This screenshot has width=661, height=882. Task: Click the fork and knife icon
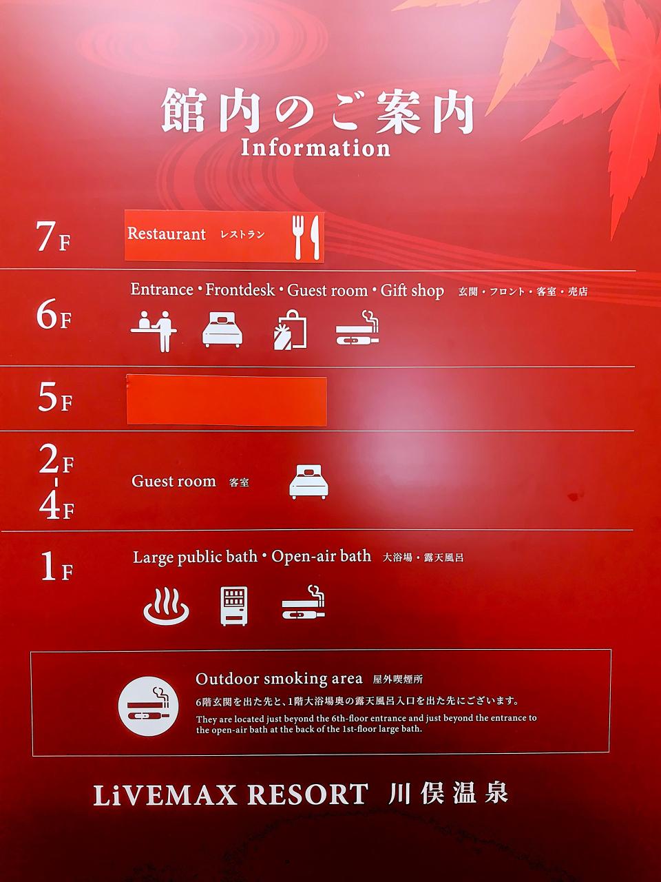click(306, 237)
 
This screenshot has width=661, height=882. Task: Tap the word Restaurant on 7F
click(167, 234)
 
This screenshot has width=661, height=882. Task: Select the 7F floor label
click(54, 236)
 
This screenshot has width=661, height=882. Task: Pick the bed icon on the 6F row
click(222, 329)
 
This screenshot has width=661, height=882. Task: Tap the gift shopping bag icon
click(290, 329)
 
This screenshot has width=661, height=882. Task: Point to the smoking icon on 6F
click(357, 328)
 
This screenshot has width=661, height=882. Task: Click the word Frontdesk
click(240, 289)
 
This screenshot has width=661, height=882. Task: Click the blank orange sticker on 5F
click(227, 400)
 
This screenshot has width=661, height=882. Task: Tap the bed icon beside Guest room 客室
click(308, 482)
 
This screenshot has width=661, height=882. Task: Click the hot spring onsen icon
click(166, 606)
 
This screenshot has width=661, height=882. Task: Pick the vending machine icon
click(234, 606)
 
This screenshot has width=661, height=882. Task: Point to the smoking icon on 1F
click(304, 602)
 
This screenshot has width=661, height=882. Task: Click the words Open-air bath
click(321, 557)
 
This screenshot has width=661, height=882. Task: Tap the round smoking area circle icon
click(149, 706)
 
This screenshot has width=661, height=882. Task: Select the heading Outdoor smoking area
click(279, 679)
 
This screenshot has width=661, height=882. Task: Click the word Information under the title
click(315, 148)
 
